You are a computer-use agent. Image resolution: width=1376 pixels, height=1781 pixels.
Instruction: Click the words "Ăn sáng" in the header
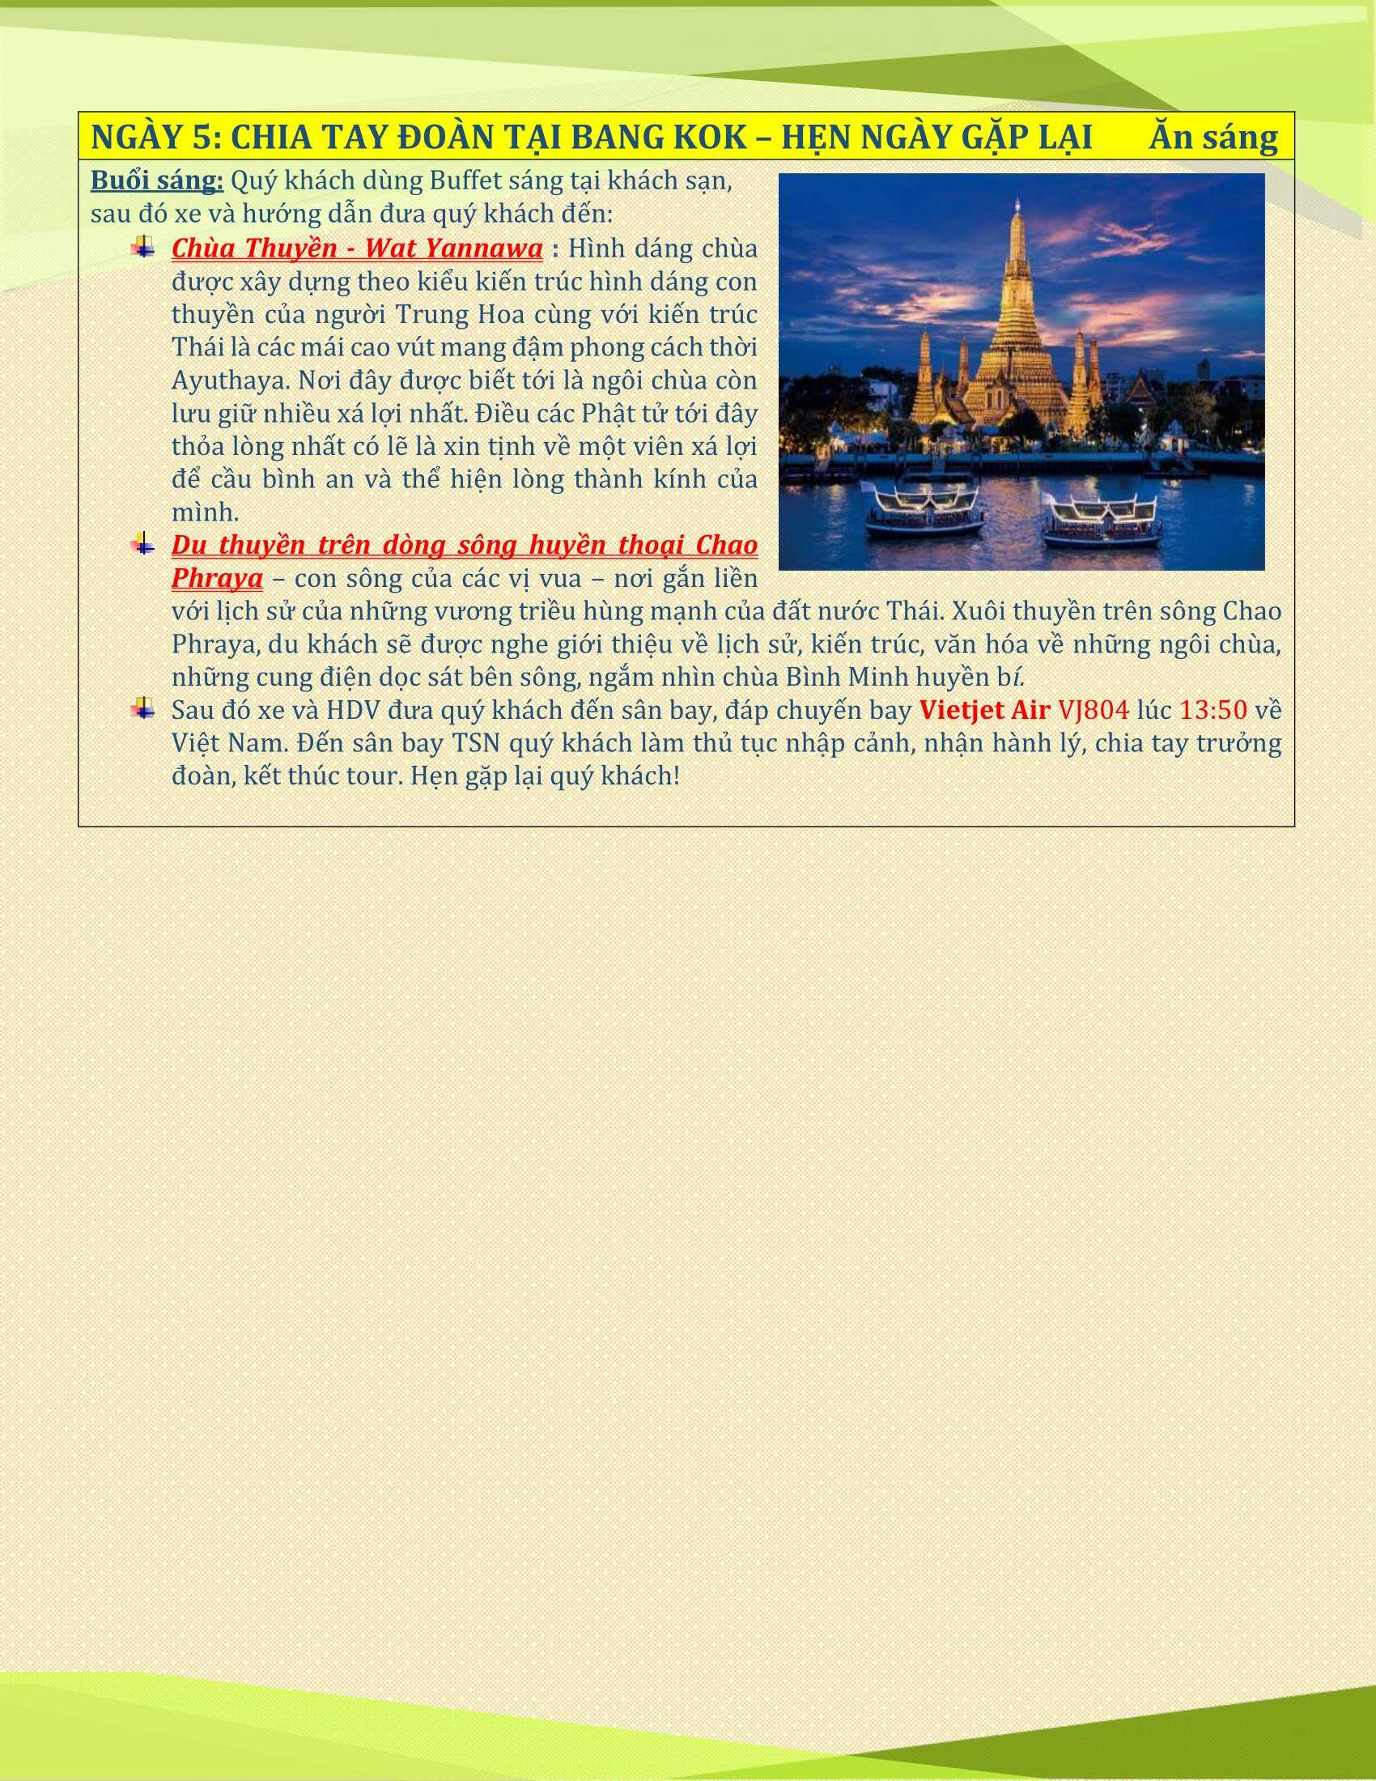(1213, 138)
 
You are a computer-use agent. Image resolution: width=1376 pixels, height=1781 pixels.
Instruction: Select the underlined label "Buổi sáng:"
(156, 181)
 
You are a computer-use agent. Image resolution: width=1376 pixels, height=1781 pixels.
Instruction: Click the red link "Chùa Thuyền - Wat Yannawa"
(357, 247)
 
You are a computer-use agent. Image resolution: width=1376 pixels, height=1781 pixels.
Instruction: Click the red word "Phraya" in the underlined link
(217, 578)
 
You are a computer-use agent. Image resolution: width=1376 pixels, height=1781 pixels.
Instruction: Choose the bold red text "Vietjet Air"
(984, 710)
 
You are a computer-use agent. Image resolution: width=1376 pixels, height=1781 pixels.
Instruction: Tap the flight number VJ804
(1094, 710)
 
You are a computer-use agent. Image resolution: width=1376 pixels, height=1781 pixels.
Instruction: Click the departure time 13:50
(1212, 710)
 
